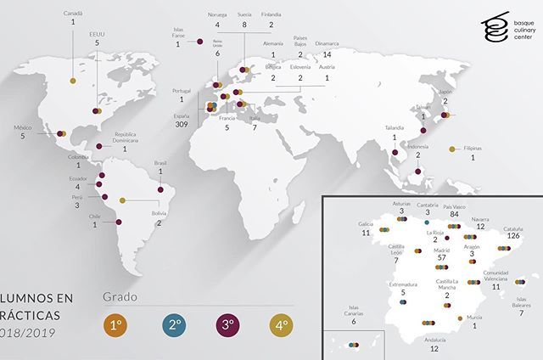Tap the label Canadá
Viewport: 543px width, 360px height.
74,14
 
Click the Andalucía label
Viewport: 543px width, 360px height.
434,339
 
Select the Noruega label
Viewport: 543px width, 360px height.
217,14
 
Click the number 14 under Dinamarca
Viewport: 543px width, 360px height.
327,54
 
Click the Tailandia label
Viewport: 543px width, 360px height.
395,128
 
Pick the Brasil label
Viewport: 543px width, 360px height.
160,162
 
